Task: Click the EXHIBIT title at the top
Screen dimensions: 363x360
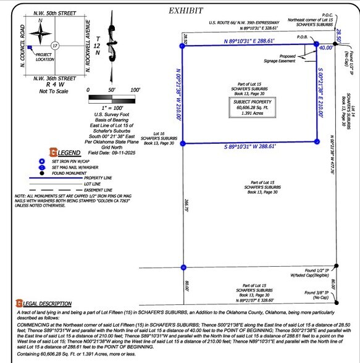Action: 185,10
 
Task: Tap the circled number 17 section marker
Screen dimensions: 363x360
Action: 55,46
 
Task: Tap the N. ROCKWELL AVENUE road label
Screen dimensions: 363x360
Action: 90,46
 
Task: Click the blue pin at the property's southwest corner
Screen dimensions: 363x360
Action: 183,144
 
